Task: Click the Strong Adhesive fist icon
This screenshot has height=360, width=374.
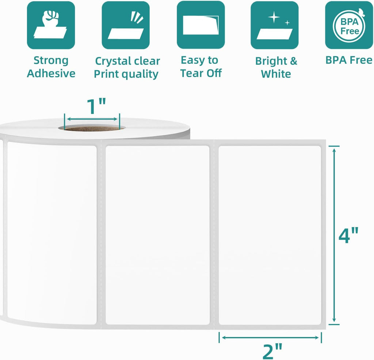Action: tap(51, 25)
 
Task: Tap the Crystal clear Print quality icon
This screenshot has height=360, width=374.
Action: tap(126, 25)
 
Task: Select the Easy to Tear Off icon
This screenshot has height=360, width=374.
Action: tap(201, 25)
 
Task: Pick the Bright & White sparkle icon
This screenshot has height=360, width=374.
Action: tap(275, 25)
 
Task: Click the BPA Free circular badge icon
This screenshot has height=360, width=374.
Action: tap(349, 25)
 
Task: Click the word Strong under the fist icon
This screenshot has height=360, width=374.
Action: tap(51, 61)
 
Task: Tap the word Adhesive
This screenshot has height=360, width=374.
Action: tap(51, 73)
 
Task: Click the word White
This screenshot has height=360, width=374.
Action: tap(276, 74)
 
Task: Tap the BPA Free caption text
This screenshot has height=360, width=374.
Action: tap(349, 60)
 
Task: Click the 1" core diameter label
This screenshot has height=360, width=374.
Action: tap(96, 106)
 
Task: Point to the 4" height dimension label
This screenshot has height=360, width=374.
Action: tap(348, 235)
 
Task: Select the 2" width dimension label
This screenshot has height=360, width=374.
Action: tap(272, 351)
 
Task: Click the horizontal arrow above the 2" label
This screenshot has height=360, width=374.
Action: tap(270, 337)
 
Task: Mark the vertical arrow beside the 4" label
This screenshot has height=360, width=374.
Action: tap(334, 235)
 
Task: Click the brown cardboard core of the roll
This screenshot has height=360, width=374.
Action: tap(92, 129)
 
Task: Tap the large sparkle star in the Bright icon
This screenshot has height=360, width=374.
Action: tap(274, 17)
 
